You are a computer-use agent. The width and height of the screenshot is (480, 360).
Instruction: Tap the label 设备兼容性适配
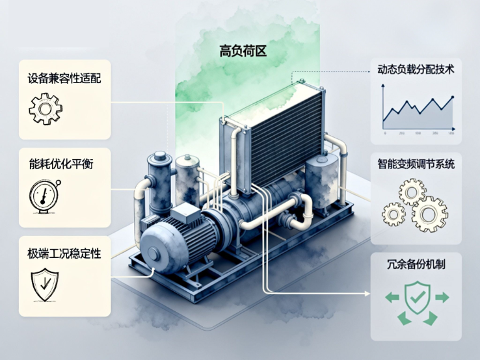click(x=64, y=77)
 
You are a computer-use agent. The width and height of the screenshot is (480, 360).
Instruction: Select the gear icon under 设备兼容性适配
click(x=45, y=109)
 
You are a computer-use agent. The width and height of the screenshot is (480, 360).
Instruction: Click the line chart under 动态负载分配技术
click(x=417, y=112)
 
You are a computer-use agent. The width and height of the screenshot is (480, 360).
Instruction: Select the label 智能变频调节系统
click(x=416, y=164)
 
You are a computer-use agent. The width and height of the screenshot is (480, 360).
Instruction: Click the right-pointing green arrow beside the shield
click(x=442, y=298)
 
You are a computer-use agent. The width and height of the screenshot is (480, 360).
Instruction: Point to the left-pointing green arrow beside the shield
click(x=392, y=298)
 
